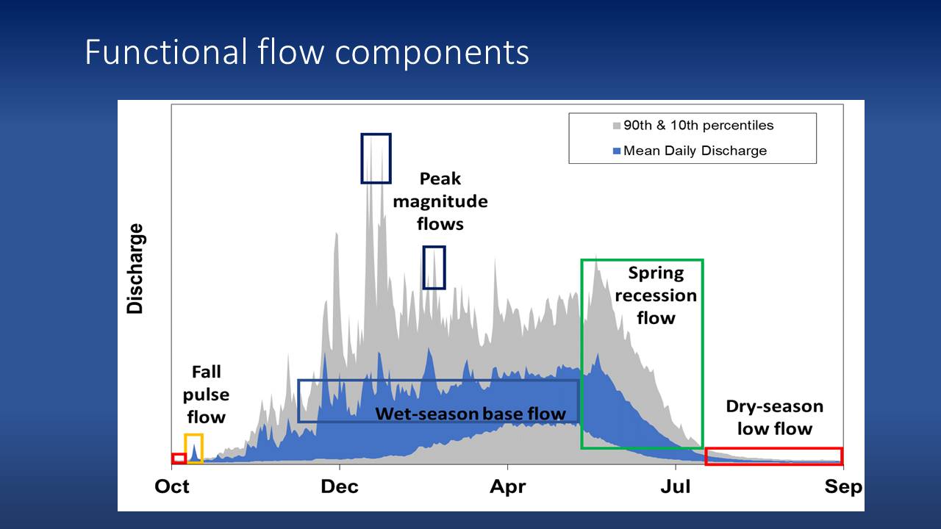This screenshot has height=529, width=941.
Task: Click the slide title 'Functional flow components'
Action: coord(307,52)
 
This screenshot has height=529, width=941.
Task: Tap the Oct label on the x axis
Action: coord(172,486)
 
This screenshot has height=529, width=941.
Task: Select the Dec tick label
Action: coord(340,486)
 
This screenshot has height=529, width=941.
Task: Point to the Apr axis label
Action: coord(507,487)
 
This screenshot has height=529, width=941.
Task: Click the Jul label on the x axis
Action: coord(676,486)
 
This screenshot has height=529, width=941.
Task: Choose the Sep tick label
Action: coord(843,487)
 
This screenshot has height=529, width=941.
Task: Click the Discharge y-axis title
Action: coord(135,269)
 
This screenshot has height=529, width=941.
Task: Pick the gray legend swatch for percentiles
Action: coord(617,126)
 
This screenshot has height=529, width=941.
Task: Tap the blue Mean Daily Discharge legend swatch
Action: coord(617,151)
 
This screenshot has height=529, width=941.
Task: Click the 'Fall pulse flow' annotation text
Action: coord(206,395)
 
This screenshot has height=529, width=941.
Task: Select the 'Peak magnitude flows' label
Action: coord(440,201)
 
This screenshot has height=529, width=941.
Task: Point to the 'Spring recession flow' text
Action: coord(656,295)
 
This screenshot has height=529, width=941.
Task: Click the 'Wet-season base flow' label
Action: coord(470,414)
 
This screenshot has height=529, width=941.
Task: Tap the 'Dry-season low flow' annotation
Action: coord(775,417)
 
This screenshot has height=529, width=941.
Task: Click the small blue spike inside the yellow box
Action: coord(194,453)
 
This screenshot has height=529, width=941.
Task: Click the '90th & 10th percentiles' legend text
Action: coord(698,126)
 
